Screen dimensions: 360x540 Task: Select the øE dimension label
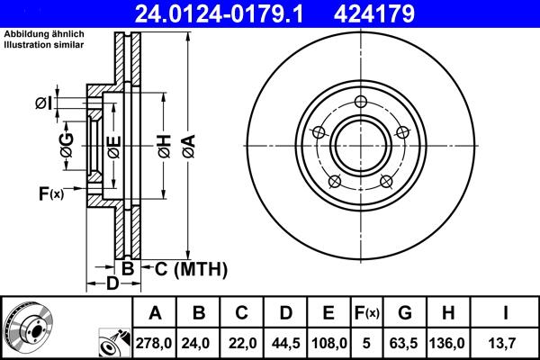[x=112, y=144]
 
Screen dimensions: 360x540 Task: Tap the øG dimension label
[x=67, y=144]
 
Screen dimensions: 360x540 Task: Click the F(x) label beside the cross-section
[x=50, y=193]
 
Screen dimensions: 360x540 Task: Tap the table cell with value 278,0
[x=155, y=342]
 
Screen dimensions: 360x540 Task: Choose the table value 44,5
[x=285, y=342]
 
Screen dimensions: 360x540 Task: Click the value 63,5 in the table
[x=405, y=342]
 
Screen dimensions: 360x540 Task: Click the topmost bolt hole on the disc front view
[x=360, y=101]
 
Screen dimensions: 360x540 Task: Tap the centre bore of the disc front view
[x=360, y=148]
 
